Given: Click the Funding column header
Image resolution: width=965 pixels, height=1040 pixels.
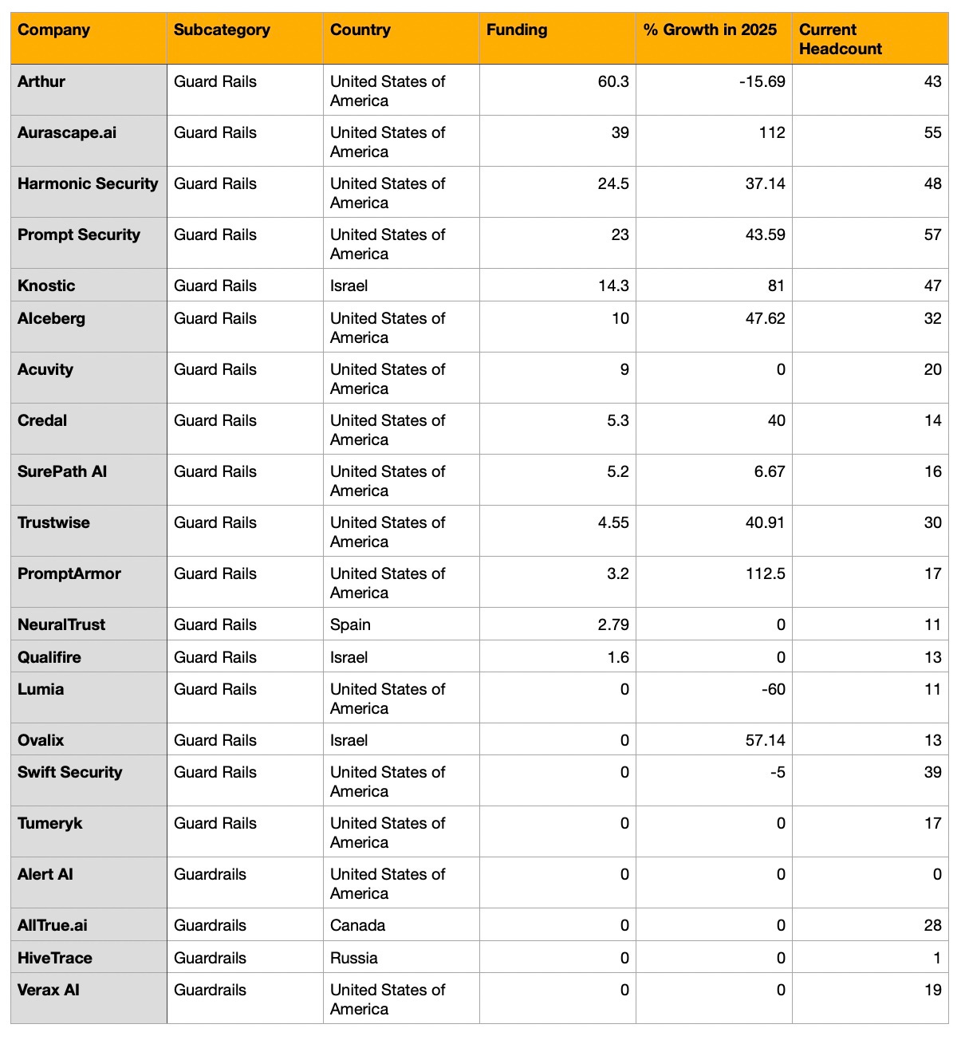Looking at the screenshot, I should point(517,30).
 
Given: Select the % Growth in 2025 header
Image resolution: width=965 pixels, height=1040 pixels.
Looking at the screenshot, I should point(710,30).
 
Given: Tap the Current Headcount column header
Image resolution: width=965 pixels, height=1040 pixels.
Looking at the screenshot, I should point(840,39).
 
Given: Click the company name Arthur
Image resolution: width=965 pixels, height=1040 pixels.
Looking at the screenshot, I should point(41,81).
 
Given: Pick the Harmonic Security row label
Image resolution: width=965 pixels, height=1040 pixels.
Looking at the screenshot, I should point(88,183).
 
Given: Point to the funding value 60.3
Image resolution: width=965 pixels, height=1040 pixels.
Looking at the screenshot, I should point(613,81).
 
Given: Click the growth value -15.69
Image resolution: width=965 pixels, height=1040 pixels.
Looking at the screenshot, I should point(762,81).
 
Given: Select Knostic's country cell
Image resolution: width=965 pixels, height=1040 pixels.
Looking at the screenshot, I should point(349,286).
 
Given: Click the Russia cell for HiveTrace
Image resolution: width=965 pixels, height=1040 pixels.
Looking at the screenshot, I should point(354,958).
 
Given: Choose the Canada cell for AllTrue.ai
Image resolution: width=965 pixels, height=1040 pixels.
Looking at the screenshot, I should point(357,925).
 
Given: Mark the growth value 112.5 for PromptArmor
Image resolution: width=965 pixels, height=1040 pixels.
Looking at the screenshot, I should point(766,573).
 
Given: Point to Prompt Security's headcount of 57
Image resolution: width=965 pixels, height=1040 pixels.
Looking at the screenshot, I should point(932,234).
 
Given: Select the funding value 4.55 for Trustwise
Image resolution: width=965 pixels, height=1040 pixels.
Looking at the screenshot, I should point(613,522).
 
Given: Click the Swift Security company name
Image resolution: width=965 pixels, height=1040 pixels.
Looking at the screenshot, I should point(70,772).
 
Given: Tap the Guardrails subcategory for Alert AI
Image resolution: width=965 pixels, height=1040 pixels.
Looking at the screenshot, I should point(210,874).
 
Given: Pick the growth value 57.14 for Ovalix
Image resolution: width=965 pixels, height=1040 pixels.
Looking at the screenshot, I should point(765,740).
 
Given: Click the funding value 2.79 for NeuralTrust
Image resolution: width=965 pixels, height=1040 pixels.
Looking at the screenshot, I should point(613,624).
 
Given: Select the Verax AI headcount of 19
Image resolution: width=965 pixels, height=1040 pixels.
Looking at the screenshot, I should point(932,990).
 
